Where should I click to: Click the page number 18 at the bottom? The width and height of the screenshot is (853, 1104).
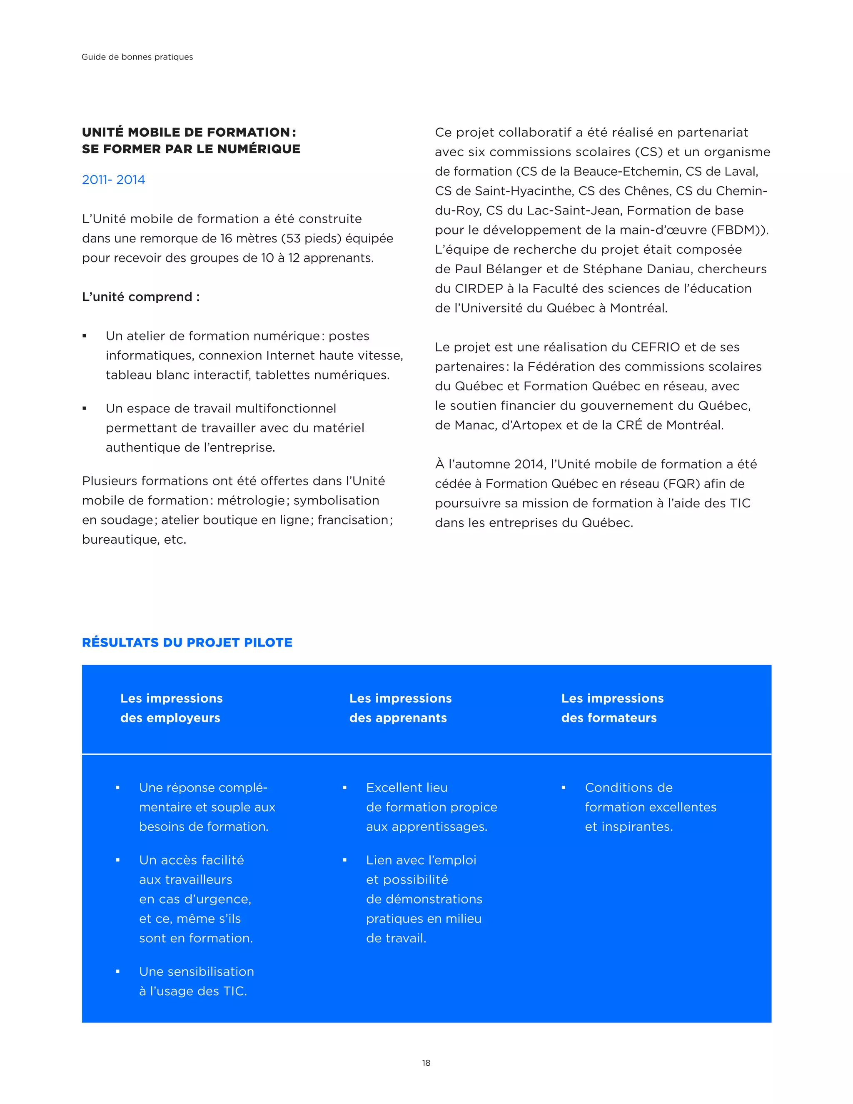(426, 1063)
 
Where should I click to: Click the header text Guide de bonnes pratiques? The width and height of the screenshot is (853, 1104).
(137, 57)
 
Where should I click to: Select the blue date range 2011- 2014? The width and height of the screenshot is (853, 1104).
(113, 180)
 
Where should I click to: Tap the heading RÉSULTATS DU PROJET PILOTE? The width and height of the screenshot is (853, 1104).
(187, 642)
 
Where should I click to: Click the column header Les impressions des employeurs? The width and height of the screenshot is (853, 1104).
(171, 708)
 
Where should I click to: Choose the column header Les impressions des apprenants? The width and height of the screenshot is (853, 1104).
(400, 708)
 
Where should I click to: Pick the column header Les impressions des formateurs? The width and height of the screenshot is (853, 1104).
(612, 708)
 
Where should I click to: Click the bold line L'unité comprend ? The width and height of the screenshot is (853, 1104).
(140, 297)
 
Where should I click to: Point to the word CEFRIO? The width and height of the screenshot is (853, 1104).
(656, 347)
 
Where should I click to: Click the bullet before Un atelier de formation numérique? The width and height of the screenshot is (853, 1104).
(85, 336)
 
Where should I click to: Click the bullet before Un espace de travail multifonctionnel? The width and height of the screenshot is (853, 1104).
(85, 408)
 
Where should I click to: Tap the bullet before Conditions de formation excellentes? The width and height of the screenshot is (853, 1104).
(564, 787)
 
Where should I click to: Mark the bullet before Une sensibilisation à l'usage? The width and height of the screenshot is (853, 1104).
(118, 972)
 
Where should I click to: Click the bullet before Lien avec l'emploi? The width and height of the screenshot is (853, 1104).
(344, 860)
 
